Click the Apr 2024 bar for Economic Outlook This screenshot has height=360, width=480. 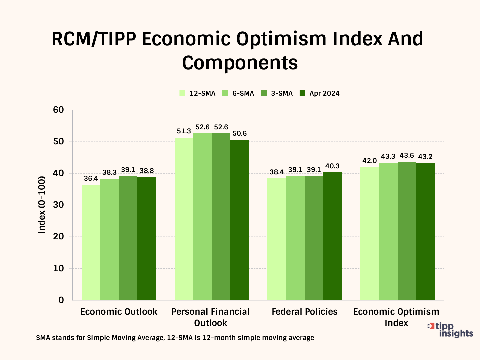(147, 238)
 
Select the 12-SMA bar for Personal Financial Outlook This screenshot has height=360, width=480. (184, 219)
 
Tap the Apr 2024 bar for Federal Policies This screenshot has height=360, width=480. (332, 236)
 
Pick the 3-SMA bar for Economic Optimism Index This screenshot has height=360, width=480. (407, 231)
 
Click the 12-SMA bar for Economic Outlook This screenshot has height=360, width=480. (91, 242)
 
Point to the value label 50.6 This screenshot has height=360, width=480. (240, 134)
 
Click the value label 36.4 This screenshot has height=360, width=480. (91, 179)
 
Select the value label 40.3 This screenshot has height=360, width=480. (332, 166)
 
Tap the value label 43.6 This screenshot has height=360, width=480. (407, 156)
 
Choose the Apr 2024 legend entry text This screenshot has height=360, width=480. (324, 93)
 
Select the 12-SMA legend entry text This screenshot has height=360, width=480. (202, 93)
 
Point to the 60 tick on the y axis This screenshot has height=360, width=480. (58, 110)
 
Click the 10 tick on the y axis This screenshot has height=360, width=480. (58, 268)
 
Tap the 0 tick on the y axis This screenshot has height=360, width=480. (61, 300)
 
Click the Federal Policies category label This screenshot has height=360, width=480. (305, 312)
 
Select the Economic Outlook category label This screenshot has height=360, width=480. (119, 312)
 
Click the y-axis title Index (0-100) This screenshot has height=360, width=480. (42, 205)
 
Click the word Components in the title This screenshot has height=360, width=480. (240, 63)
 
